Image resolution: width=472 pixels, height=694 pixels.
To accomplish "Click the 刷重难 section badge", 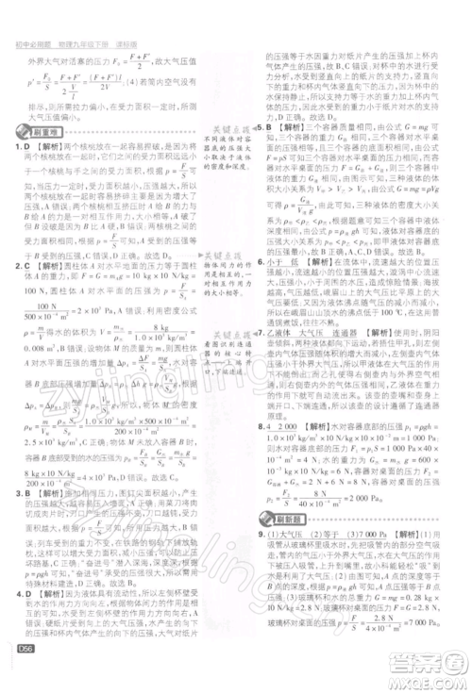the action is pyautogui.click(x=37, y=135).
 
